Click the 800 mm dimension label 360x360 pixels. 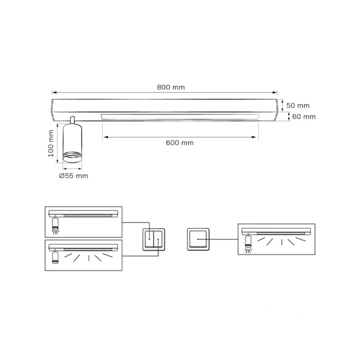tap(171, 87)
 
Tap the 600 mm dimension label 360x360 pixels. tap(180, 143)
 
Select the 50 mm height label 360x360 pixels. tap(298, 106)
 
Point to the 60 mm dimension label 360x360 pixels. tap(304, 117)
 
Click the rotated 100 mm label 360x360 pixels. tap(51, 144)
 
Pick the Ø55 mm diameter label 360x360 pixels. tap(73, 176)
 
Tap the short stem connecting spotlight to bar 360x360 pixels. tap(72, 120)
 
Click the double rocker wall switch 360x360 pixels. tap(154, 239)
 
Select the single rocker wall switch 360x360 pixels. tap(198, 239)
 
